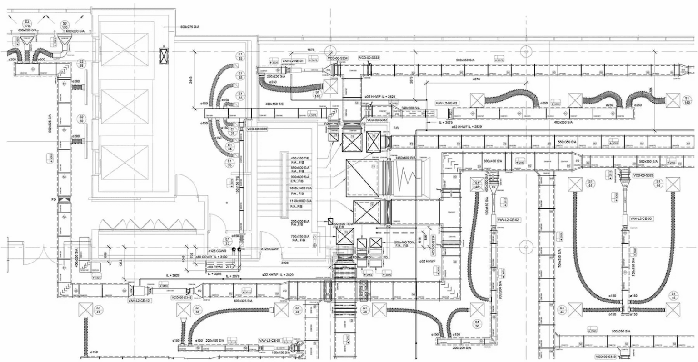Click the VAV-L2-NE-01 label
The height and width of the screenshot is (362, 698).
292,60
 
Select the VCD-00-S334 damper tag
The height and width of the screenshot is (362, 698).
338,58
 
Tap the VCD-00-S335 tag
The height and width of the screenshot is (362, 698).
257,129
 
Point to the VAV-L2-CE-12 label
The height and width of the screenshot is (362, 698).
139,301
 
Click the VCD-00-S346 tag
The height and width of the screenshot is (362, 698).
181,298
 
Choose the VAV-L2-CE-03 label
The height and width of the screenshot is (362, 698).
641,218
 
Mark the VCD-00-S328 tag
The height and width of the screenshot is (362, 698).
643,175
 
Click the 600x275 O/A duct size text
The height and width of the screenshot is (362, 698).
190,27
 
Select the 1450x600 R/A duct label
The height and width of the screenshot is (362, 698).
405,158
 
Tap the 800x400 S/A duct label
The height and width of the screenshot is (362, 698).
493,161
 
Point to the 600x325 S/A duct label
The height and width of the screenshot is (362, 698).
244,301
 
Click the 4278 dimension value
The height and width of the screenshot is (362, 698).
476,79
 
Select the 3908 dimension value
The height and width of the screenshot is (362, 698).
284,263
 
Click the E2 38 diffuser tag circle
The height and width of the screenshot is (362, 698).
82,63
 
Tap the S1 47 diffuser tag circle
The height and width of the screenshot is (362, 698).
98,310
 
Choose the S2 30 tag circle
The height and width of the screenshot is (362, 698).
81,119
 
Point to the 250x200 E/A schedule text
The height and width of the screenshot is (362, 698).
300,222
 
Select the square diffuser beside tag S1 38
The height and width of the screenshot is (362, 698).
183,311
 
